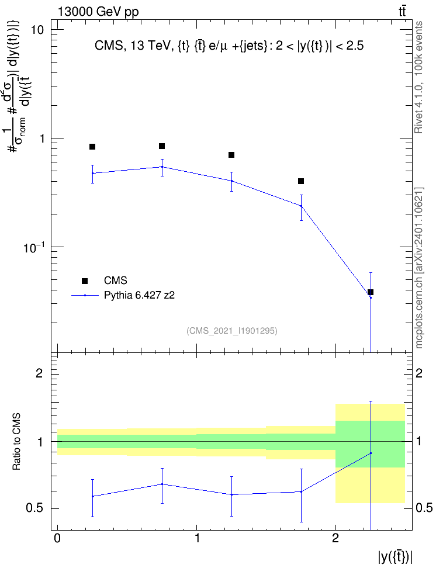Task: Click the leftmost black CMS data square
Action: click(92, 147)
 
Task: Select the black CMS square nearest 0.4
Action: click(301, 181)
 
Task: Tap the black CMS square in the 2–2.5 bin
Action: click(371, 292)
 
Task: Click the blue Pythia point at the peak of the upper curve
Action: click(162, 167)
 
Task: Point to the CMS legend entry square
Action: click(85, 280)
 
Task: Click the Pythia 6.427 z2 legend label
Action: click(139, 295)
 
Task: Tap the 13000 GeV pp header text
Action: click(98, 12)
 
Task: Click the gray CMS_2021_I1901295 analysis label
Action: click(232, 331)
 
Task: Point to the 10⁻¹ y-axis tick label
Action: click(33, 247)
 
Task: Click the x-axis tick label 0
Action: click(57, 538)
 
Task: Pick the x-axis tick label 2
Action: click(335, 538)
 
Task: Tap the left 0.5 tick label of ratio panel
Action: click(35, 508)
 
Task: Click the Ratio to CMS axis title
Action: click(16, 442)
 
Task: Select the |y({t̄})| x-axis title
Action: click(396, 556)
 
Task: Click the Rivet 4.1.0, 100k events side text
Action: click(418, 77)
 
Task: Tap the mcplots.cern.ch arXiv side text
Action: click(419, 268)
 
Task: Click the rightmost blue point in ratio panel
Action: click(371, 453)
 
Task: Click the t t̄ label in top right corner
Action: click(402, 11)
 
